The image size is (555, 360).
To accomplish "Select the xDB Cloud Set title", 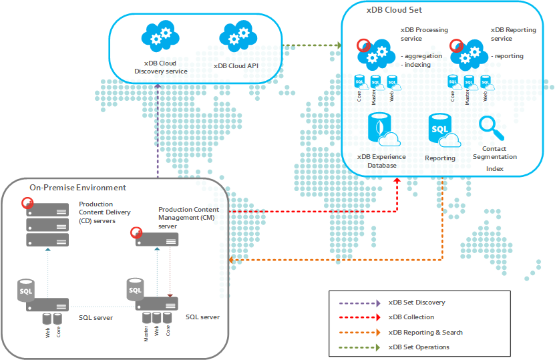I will pos(394,10).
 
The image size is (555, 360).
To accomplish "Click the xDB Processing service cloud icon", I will pos(377,51).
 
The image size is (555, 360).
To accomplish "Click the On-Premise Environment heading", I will pos(77,188).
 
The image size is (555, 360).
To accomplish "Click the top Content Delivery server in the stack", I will pos(47,209).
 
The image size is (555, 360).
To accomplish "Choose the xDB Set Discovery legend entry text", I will pos(417,303).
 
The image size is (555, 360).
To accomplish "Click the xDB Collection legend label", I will pos(411,317).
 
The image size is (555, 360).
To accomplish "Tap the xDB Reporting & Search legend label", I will pos(425,332).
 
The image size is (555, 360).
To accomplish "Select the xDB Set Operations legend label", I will pos(419,347).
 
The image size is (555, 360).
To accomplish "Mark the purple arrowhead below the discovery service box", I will pos(158,87).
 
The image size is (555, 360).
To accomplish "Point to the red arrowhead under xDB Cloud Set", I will pos(398,181).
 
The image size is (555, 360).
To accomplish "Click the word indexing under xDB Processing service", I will pos(417,65).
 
